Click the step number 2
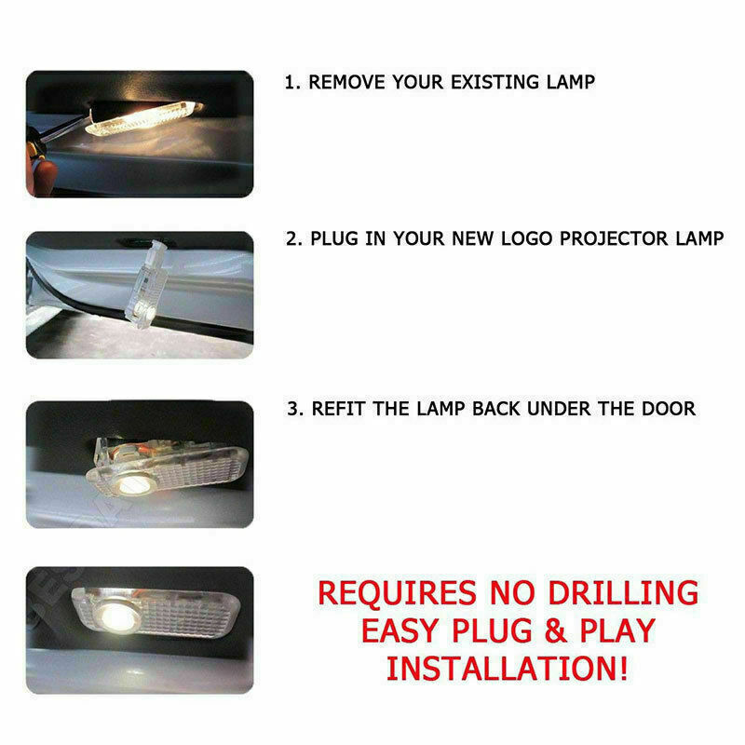(291, 237)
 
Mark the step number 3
(291, 408)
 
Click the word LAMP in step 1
(568, 82)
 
